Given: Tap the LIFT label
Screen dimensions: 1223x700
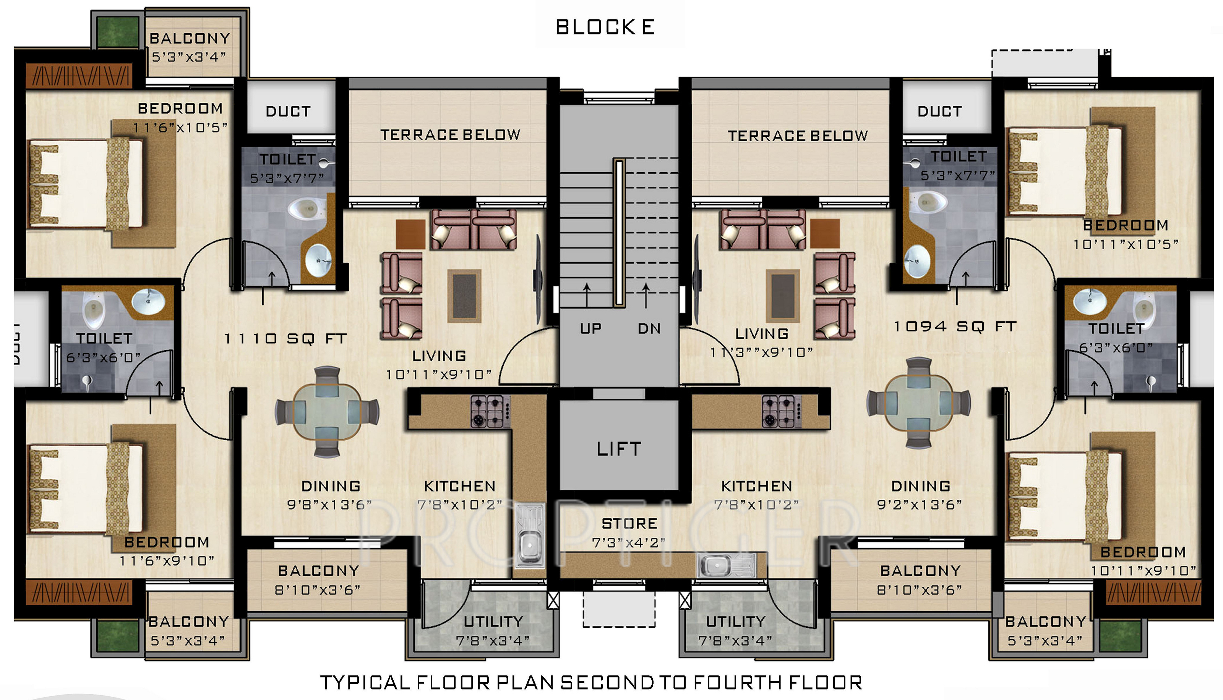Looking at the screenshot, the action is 619,449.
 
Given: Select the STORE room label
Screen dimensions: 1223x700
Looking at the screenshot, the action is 629,524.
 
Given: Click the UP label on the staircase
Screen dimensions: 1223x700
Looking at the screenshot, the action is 590,328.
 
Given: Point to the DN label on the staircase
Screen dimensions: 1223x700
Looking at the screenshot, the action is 649,328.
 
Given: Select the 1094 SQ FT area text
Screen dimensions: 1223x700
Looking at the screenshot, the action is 955,327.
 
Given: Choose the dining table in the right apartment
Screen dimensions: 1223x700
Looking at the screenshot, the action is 918,403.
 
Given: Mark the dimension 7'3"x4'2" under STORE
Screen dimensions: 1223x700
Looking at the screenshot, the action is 629,543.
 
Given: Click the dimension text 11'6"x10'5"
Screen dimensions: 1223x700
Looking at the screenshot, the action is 180,128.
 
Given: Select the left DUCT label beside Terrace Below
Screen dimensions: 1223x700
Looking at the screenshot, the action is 288,112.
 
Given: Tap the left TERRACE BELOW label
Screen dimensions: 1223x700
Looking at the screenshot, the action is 450,134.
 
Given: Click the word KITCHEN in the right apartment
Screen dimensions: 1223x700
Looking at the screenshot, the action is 756,486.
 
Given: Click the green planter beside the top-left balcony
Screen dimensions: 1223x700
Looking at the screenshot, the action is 118,31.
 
